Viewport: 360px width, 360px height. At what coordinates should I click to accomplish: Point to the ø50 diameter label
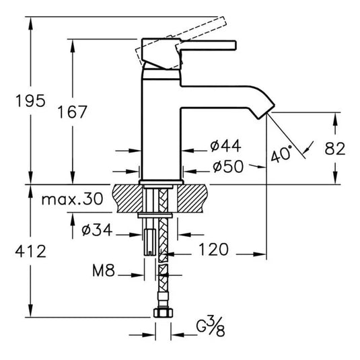click(225, 166)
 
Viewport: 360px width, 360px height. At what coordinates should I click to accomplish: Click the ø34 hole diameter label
click(96, 231)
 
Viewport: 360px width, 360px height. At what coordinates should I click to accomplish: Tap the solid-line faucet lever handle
click(202, 46)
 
